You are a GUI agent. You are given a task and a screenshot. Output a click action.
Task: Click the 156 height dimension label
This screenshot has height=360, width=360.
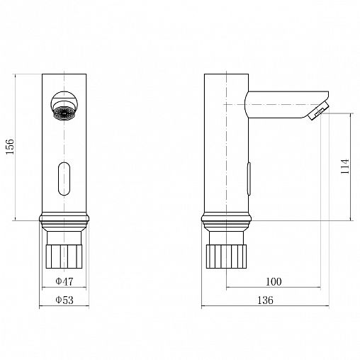click(x=10, y=147)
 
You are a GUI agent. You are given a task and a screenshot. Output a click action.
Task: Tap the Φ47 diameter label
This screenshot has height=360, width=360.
click(x=64, y=281)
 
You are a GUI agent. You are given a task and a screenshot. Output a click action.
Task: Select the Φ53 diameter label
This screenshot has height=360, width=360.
click(x=64, y=300)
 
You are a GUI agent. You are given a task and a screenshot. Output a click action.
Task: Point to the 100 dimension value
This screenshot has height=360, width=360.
click(x=274, y=281)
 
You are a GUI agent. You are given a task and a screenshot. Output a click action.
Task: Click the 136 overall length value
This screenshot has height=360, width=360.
click(x=265, y=300)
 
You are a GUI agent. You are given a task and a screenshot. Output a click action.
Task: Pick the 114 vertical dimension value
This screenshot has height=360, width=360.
click(x=345, y=167)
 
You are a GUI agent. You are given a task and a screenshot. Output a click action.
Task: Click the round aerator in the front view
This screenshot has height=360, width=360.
click(x=64, y=106)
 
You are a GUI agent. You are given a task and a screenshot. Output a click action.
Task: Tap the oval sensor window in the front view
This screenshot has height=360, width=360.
click(x=64, y=179)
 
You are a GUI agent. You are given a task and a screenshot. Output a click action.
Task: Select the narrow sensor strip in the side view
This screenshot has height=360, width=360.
click(x=249, y=179)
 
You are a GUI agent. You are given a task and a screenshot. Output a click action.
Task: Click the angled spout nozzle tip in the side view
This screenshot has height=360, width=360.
click(x=318, y=111)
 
